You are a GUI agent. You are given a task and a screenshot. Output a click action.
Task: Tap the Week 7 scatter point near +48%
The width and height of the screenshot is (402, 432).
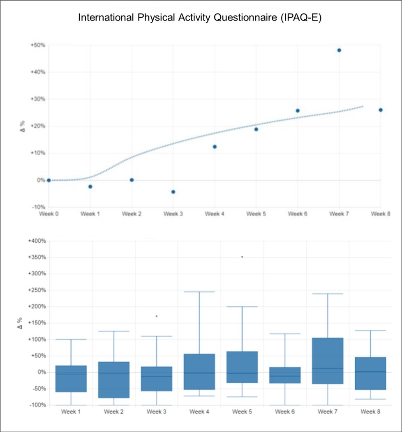click(339, 50)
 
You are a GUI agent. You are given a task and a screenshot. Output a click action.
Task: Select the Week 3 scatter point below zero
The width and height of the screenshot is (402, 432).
click(173, 192)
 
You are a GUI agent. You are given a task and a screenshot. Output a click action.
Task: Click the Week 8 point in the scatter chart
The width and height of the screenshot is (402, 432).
click(381, 110)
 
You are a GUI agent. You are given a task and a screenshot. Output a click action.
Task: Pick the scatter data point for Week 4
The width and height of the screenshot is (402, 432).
click(215, 147)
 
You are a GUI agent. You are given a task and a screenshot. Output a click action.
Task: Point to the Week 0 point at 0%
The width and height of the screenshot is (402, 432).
click(49, 180)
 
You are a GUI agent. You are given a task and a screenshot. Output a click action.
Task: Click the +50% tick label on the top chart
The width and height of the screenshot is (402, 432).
click(37, 45)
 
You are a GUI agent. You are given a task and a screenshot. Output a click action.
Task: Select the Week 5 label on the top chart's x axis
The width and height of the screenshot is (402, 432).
click(256, 214)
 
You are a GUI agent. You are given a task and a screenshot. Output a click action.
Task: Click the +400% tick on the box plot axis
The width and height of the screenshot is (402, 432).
click(36, 241)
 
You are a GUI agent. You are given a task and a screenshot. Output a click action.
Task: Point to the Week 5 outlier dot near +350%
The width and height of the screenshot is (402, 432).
click(242, 257)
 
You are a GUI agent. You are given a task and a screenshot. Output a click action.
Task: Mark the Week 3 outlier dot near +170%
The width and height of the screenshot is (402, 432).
click(157, 316)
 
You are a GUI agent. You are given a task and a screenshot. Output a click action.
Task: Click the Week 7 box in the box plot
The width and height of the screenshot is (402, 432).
click(328, 361)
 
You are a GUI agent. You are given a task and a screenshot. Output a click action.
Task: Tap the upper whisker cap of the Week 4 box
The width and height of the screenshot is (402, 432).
click(199, 292)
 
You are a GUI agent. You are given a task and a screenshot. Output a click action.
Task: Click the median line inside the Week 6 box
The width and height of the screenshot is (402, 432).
click(285, 376)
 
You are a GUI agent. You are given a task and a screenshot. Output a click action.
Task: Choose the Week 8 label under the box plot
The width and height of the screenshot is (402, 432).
click(370, 411)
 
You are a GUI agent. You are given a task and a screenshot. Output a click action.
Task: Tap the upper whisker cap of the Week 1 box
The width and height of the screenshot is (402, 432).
click(71, 340)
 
